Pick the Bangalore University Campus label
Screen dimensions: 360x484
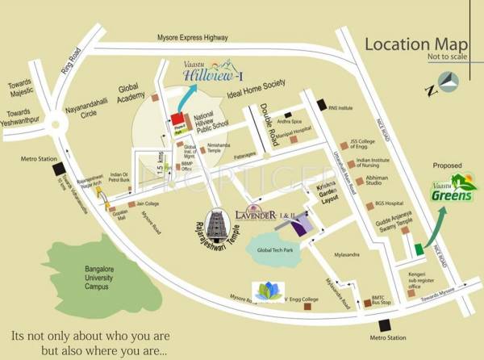[x=107, y=275]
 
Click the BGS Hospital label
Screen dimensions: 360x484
[x=389, y=204]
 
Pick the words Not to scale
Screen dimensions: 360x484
[x=443, y=57]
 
